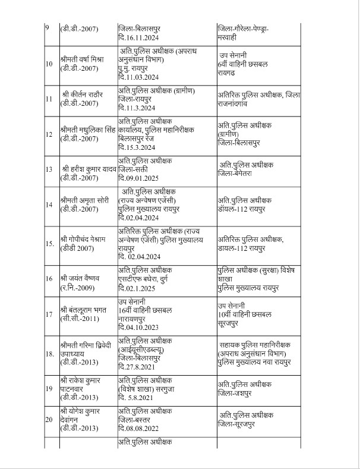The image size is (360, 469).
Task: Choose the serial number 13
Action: pos(49,169)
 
